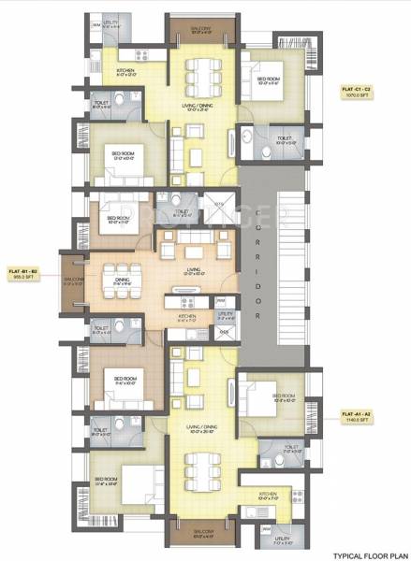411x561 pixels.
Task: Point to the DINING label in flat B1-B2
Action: pyautogui.click(x=122, y=278)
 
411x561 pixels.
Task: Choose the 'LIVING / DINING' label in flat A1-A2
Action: pyautogui.click(x=201, y=430)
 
